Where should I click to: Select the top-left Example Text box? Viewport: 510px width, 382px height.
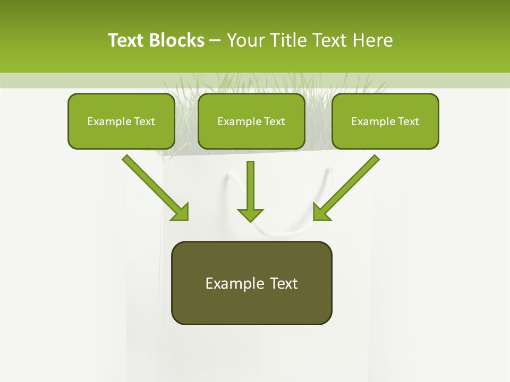click(121, 121)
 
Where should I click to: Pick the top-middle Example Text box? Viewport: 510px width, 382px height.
click(251, 121)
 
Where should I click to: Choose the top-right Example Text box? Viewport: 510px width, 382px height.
click(385, 121)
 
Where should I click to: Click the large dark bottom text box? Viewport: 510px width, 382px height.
click(251, 283)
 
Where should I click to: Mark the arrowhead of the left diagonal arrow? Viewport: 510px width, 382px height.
click(181, 212)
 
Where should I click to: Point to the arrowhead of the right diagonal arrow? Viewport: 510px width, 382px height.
click(321, 212)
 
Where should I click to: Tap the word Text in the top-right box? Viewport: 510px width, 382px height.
click(407, 121)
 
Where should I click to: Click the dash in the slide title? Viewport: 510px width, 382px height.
click(215, 40)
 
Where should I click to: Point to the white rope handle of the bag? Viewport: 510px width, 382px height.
click(276, 231)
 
